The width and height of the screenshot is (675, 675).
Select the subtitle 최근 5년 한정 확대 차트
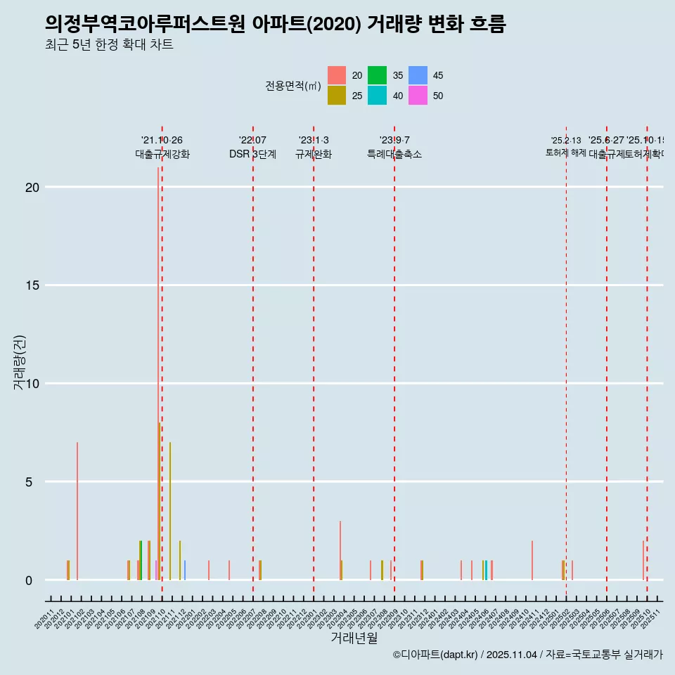point(108,45)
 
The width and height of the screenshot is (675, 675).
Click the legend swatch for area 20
point(337,75)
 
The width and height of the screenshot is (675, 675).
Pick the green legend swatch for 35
point(377,75)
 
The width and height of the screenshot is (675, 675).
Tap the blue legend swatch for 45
point(418,75)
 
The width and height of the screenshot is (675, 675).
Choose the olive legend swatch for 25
point(337,96)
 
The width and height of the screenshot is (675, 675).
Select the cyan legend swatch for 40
point(377,96)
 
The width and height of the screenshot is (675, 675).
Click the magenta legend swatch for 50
point(418,96)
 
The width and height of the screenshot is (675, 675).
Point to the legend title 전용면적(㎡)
point(292,86)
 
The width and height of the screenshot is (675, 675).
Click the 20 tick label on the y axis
point(31,187)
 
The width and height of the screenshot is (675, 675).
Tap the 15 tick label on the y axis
point(31,285)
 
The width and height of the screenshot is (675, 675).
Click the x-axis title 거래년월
point(354,638)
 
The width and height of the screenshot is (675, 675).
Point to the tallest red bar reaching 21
point(158,373)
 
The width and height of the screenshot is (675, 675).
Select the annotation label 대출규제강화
point(162,154)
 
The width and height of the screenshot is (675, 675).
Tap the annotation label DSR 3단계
point(252,154)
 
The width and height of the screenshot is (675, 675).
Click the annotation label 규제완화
point(313,154)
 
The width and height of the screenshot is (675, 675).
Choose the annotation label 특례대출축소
point(394,154)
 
